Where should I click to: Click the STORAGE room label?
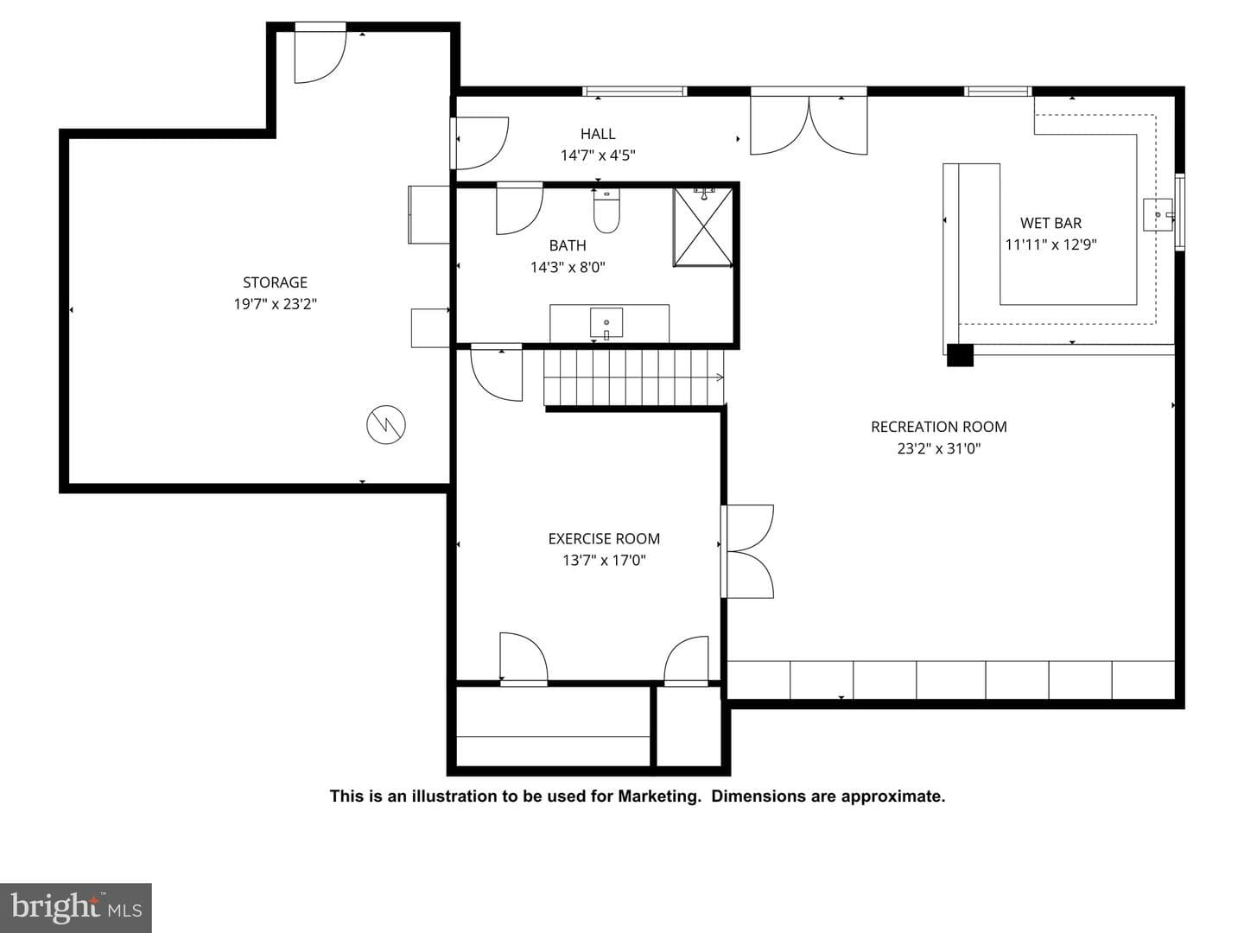coord(275,282)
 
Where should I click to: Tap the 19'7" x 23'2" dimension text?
coord(275,304)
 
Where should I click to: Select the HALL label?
coord(597,134)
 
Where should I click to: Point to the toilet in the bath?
coord(606,211)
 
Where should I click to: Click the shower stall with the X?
coord(702,227)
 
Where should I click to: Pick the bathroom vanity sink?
coord(606,323)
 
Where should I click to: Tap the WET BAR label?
coord(1050,223)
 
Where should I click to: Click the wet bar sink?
coord(1158,215)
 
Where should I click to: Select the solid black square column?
coord(960,356)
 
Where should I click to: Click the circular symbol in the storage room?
coord(386,425)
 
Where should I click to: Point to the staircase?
coord(634,378)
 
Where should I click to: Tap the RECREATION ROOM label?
coord(938,427)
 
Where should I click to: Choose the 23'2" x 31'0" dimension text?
coord(938,448)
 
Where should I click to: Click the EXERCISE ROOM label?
coord(604,539)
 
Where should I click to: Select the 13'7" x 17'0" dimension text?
coord(604,561)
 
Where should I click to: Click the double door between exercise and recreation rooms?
coord(748,551)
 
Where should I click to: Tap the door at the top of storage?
coord(321,53)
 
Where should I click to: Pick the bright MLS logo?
coord(76,907)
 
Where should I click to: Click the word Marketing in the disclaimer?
coord(659,797)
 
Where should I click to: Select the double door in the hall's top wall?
coord(809,121)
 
